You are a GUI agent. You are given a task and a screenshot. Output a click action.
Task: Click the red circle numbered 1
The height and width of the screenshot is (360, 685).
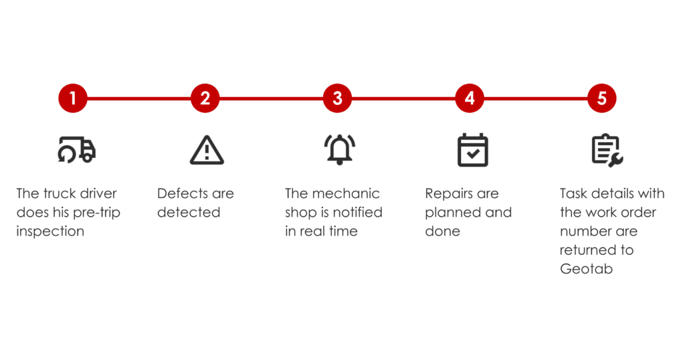point(73,98)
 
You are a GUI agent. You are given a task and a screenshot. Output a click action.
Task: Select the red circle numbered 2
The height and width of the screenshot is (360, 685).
point(205,98)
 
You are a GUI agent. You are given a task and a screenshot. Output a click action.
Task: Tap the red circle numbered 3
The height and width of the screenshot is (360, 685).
point(337,98)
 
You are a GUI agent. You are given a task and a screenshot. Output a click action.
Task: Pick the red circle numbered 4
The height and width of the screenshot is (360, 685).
point(470,98)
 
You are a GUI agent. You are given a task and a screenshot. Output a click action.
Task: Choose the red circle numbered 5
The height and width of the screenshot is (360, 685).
point(601,98)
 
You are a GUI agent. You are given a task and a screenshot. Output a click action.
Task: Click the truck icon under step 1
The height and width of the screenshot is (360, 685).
point(77,149)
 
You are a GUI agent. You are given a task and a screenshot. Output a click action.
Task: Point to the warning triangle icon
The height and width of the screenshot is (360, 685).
point(207,151)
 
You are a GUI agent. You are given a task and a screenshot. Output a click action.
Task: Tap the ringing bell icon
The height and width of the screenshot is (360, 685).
point(339,149)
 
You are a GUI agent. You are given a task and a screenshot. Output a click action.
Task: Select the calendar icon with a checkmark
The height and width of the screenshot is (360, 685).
point(473,150)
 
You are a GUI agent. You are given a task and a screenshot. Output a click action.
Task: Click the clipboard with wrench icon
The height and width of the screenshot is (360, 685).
point(607,151)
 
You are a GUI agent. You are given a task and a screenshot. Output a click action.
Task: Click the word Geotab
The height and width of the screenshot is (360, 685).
point(586,269)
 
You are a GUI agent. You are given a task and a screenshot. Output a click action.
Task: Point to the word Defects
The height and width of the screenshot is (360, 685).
point(183,193)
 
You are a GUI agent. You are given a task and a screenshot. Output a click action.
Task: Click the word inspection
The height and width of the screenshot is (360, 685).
point(50,232)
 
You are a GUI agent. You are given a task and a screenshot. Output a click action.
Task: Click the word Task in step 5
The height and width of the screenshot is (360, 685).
point(573,193)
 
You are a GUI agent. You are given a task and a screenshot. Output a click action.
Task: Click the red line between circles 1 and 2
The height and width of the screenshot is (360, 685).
point(139,98)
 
